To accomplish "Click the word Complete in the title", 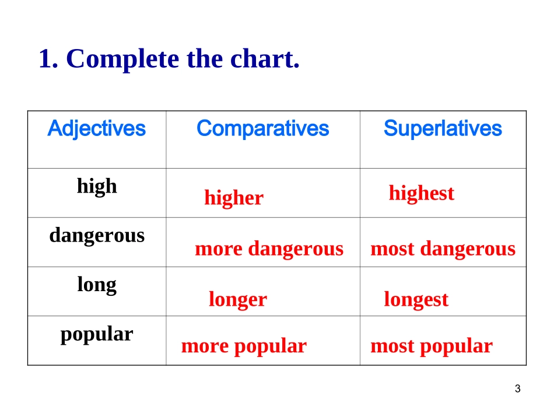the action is (x=122, y=60).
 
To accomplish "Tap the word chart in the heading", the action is (x=265, y=58).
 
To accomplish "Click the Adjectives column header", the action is (x=96, y=129).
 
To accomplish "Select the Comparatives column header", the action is (x=263, y=128).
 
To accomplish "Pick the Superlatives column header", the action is (x=443, y=128).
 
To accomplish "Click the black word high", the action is (x=97, y=186).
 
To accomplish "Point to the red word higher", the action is (x=234, y=198).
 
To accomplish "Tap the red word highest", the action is (x=422, y=193).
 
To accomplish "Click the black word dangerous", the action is (x=97, y=236).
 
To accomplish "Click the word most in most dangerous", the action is (x=392, y=249).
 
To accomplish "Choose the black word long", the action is (x=97, y=285).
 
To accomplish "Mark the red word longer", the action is (x=238, y=300).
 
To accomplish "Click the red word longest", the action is (x=416, y=300).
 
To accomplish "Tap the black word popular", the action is (x=97, y=334).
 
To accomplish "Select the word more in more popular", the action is (x=205, y=347).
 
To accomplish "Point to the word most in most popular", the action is (x=392, y=347).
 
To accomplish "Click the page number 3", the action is (x=518, y=389).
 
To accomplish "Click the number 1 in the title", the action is (x=45, y=59).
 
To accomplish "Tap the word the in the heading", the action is (x=205, y=58).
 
